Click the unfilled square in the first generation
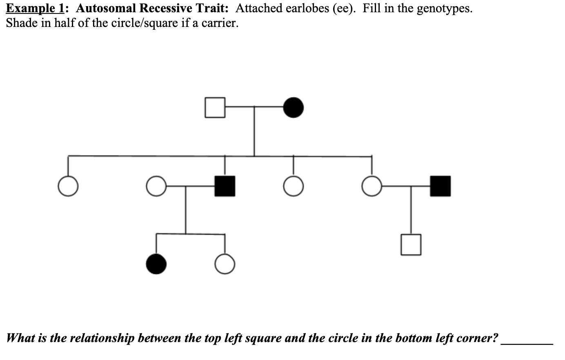pyautogui.click(x=215, y=107)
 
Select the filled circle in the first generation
pyautogui.click(x=294, y=107)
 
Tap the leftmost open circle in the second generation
pyautogui.click(x=68, y=186)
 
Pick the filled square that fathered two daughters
pyautogui.click(x=225, y=186)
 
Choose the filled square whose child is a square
pyautogui.click(x=440, y=186)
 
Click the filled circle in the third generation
pyautogui.click(x=156, y=264)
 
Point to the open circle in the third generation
pyautogui.click(x=225, y=264)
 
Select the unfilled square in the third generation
pyautogui.click(x=411, y=244)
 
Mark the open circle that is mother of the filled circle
pyautogui.click(x=156, y=186)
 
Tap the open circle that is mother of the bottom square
pyautogui.click(x=371, y=186)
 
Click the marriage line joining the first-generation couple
pyautogui.click(x=254, y=107)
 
